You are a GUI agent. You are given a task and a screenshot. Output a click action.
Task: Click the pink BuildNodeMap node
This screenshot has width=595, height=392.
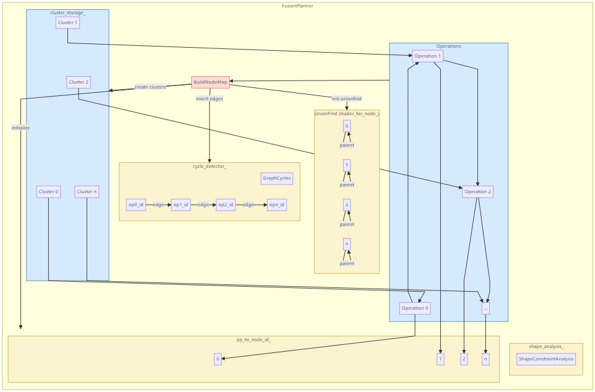coord(211,82)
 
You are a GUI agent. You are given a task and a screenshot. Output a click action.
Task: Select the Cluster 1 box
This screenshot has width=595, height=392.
coord(67,23)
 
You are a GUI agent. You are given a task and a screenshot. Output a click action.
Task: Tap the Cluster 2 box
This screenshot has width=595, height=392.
coord(79,82)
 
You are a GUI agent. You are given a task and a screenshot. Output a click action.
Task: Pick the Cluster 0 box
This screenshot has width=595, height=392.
coord(48,192)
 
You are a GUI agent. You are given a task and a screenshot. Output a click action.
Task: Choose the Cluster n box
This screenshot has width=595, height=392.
coord(87,192)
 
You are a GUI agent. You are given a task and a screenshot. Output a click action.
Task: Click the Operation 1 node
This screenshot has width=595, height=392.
coord(428,56)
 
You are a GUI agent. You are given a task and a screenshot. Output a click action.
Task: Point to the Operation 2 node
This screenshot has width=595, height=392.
coord(477,192)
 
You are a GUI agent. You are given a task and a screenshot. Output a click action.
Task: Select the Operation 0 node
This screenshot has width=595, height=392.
coord(415,308)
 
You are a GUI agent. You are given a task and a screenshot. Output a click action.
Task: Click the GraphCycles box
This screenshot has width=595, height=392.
coord(277,178)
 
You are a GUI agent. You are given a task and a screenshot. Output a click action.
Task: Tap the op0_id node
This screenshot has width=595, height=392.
coord(136,205)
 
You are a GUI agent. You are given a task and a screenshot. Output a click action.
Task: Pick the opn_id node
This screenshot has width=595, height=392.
coord(277,205)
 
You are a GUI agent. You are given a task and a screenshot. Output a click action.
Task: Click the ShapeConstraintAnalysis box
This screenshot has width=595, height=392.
coord(546,359)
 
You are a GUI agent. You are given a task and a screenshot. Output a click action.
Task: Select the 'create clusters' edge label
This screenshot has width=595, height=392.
coord(150,87)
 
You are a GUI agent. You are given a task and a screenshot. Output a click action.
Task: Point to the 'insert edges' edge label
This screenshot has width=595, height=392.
coord(210,99)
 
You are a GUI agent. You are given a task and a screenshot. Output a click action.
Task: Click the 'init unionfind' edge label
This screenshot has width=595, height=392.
coord(347,99)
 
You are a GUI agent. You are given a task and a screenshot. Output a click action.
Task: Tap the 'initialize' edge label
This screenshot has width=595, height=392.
coord(20,128)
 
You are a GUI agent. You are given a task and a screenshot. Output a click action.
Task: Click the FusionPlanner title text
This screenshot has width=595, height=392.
coord(297,6)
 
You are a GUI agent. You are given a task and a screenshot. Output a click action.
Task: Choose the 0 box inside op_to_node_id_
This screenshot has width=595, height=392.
coord(218,359)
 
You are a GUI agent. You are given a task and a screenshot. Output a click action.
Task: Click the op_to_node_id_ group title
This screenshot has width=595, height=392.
coord(253,340)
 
